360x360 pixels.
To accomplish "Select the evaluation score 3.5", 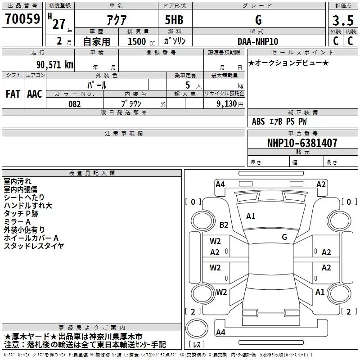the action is (x=343, y=21).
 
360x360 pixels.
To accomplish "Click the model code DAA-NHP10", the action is (x=258, y=41).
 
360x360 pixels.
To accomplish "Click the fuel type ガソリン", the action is (x=175, y=41).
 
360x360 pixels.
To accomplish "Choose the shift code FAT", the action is (x=13, y=94).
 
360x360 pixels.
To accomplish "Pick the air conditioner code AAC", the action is (x=34, y=94).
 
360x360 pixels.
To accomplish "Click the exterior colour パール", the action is (x=96, y=85).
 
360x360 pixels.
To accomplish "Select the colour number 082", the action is (x=74, y=104).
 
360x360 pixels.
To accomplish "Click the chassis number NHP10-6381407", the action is (x=302, y=143).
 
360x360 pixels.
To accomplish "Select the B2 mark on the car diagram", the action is (x=224, y=225).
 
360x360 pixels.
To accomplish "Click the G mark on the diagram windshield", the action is (x=284, y=237).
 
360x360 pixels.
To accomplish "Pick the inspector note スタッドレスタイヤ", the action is (x=34, y=246).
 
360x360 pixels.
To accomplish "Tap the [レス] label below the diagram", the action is (x=197, y=345).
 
